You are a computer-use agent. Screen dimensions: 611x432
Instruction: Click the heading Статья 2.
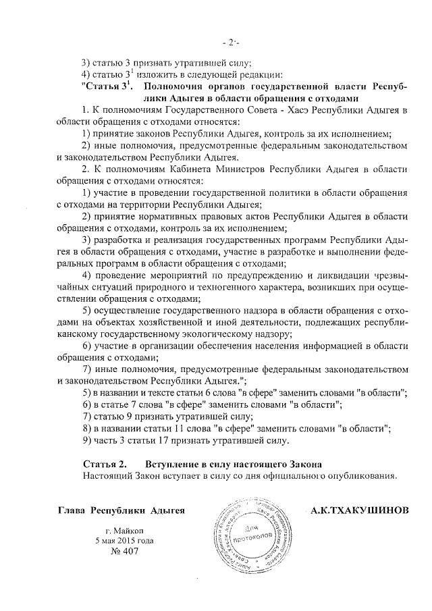[105, 464]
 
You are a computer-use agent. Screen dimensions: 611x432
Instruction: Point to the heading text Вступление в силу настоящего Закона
[234, 464]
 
